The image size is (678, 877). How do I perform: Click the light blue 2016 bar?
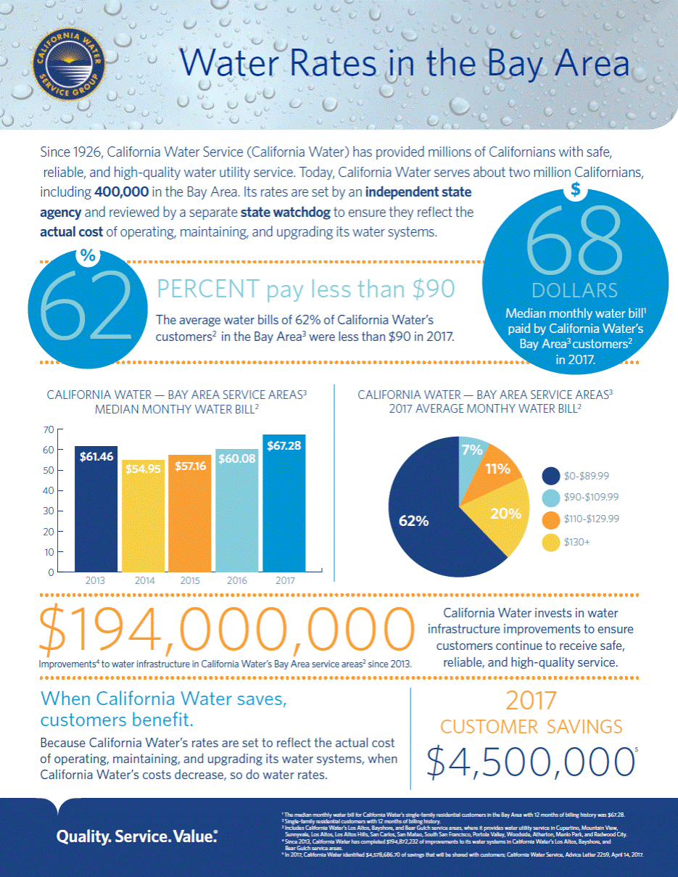[x=237, y=511]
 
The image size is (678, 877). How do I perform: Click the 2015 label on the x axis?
[x=191, y=581]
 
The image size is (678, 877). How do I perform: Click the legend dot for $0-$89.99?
[x=551, y=476]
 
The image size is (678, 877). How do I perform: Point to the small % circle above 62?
[x=88, y=255]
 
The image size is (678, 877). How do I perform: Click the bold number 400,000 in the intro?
[x=123, y=193]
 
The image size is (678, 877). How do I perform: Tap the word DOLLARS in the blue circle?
[x=575, y=290]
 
